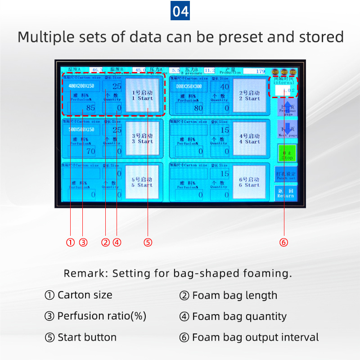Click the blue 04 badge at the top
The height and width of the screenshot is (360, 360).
tap(180, 11)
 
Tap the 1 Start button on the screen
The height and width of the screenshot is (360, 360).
tap(143, 95)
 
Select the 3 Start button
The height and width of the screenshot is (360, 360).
tap(143, 138)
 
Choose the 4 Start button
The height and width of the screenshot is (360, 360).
tap(250, 138)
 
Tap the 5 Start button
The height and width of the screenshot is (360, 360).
tap(143, 182)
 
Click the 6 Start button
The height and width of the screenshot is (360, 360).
tap(250, 182)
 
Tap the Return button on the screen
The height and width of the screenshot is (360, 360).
tap(286, 193)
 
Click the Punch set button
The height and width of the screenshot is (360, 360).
tap(286, 175)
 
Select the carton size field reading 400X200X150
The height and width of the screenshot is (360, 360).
tap(81, 85)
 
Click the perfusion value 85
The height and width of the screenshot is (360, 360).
tap(82, 108)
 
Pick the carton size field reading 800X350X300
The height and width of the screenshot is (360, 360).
tap(189, 85)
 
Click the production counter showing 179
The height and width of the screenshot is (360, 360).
tap(255, 71)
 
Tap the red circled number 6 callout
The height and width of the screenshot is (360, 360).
tap(283, 243)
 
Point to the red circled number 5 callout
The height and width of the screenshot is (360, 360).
tap(148, 243)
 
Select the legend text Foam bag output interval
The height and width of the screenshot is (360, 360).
tap(255, 337)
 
